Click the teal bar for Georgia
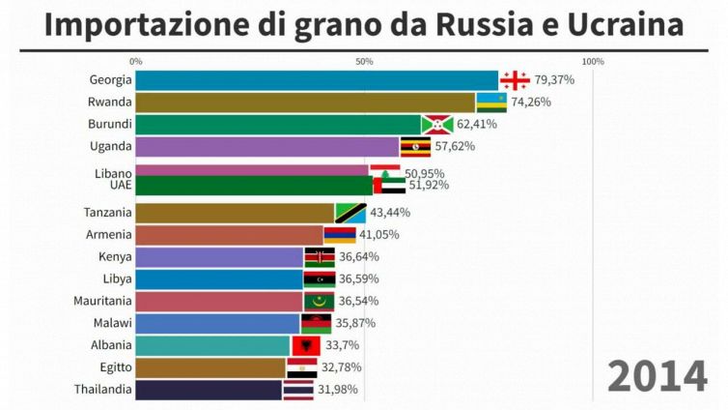(x=316, y=80)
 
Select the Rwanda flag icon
(x=491, y=102)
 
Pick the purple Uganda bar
(x=266, y=147)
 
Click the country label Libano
(x=113, y=173)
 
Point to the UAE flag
(x=389, y=186)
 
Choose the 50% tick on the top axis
(x=364, y=62)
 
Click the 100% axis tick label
(x=593, y=62)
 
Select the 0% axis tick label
(x=135, y=62)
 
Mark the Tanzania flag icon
(x=350, y=213)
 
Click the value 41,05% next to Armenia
(x=378, y=235)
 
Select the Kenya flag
(x=320, y=257)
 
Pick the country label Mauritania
(x=103, y=302)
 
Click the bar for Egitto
(x=210, y=368)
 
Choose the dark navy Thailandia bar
(x=209, y=391)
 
